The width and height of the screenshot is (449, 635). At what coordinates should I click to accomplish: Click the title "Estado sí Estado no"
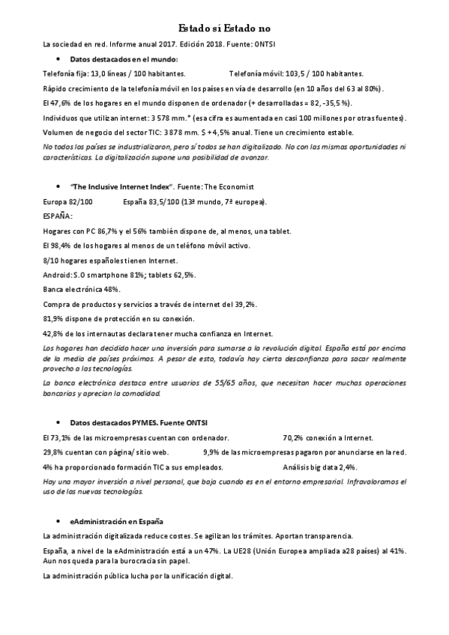coord(224,28)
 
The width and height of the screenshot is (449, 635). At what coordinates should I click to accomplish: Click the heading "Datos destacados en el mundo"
coord(124,58)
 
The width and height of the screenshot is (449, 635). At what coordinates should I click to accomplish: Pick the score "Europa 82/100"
coord(68,201)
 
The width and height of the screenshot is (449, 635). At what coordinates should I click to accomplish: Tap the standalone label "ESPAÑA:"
coord(59,216)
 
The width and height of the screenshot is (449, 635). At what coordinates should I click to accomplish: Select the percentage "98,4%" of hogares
coord(61,246)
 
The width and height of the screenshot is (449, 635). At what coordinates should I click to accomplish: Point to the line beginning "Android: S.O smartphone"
coord(119,275)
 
